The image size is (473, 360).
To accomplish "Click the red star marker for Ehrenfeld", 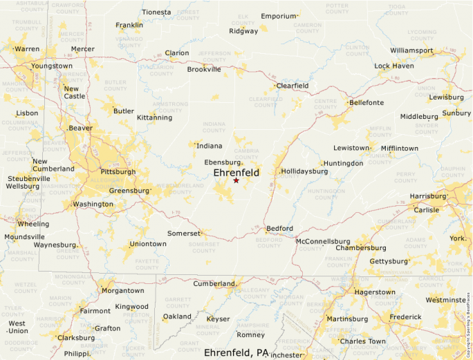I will click(236, 180).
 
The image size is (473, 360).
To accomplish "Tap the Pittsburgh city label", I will click(118, 171).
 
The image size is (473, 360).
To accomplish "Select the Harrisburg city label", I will click(429, 196).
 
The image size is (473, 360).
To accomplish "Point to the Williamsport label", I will click(411, 50).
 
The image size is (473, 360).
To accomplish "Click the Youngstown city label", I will click(52, 66).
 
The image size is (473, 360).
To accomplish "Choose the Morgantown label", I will click(123, 291).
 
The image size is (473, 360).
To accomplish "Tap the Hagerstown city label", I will click(374, 292).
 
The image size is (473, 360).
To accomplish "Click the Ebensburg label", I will click(221, 162).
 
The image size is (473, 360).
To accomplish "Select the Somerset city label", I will click(184, 234).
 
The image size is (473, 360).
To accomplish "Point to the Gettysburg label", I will click(389, 261).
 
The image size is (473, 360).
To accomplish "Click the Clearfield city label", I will click(293, 86).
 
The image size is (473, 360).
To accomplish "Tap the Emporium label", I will click(279, 16).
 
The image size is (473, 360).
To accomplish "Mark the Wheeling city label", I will click(33, 224).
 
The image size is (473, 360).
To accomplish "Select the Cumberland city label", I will click(214, 284).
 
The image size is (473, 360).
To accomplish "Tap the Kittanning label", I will click(154, 117).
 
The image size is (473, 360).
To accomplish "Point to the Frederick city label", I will click(405, 317).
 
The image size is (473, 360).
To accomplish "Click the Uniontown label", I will click(148, 244).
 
